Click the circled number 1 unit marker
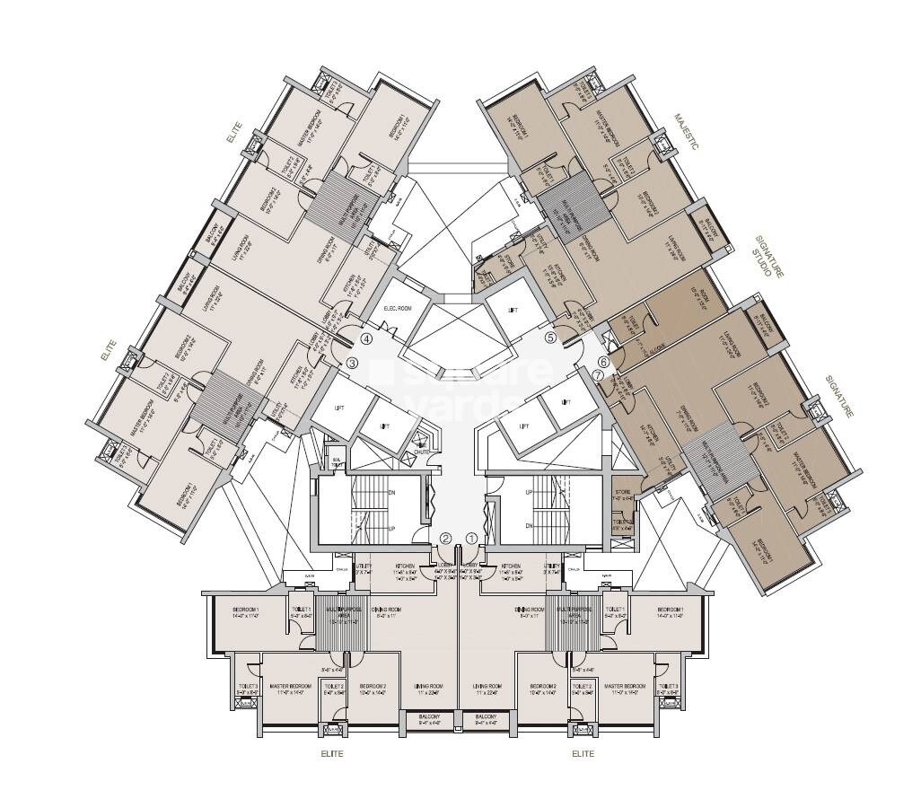pos(471,539)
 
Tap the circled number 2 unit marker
pos(446,539)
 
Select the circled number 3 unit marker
pos(353,363)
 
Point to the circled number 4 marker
pos(366,339)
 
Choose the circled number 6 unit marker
pos(604,361)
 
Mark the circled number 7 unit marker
pos(598,373)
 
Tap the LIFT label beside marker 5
pos(513,310)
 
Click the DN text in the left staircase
pos(391,492)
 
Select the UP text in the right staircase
pos(529,492)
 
